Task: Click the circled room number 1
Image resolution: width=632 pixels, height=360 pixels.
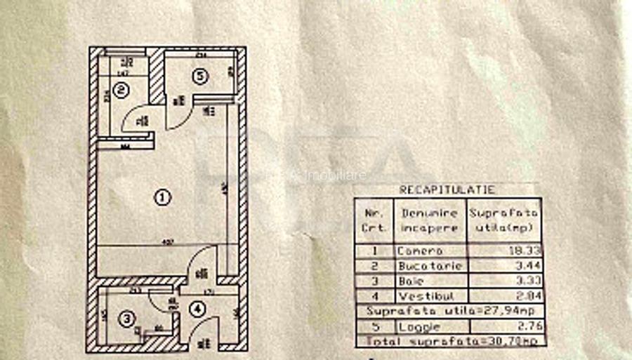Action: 162,197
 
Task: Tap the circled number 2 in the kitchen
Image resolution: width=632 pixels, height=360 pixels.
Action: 121,90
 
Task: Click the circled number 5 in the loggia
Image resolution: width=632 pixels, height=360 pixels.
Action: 202,77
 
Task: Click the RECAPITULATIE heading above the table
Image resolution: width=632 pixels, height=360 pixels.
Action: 447,189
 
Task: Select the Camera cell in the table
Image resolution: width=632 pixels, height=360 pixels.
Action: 420,251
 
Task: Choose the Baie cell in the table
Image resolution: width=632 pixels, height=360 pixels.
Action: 411,281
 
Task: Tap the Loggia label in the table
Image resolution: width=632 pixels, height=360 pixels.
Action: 419,327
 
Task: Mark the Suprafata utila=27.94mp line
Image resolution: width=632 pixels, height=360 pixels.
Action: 449,311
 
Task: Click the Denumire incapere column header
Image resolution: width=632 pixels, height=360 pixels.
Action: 430,220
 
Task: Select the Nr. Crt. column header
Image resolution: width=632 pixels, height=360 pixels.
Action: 374,220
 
